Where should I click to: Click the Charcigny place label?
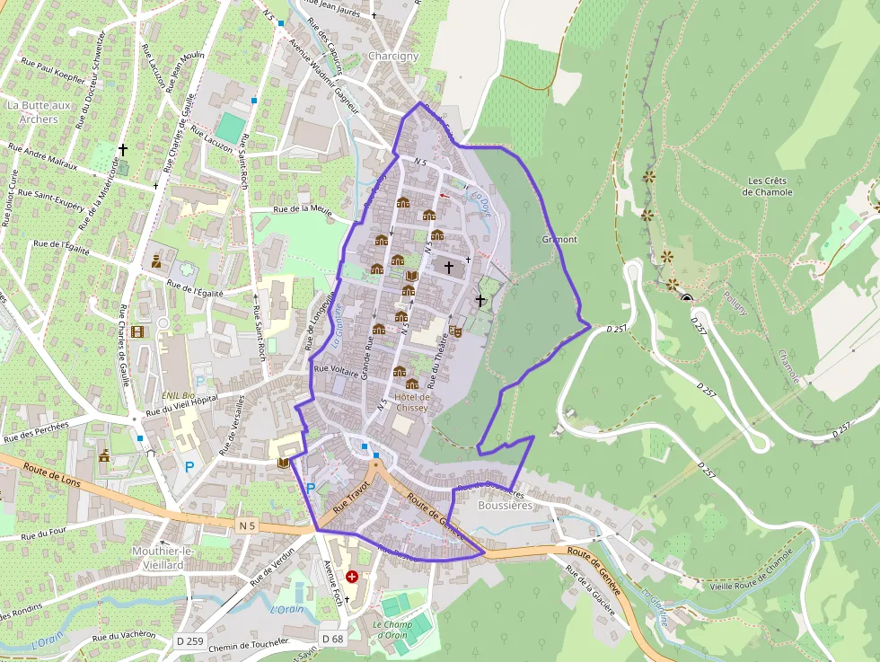point(393,56)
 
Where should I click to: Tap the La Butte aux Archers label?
point(32,111)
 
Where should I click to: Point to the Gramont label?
point(559,240)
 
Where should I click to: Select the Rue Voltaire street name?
point(336,368)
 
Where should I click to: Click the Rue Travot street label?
point(351,497)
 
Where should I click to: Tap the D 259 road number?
point(190,640)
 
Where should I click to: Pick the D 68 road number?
point(331,640)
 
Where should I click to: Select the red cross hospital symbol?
point(352,576)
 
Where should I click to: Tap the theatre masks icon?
point(456,331)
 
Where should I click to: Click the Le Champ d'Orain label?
point(392,630)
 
